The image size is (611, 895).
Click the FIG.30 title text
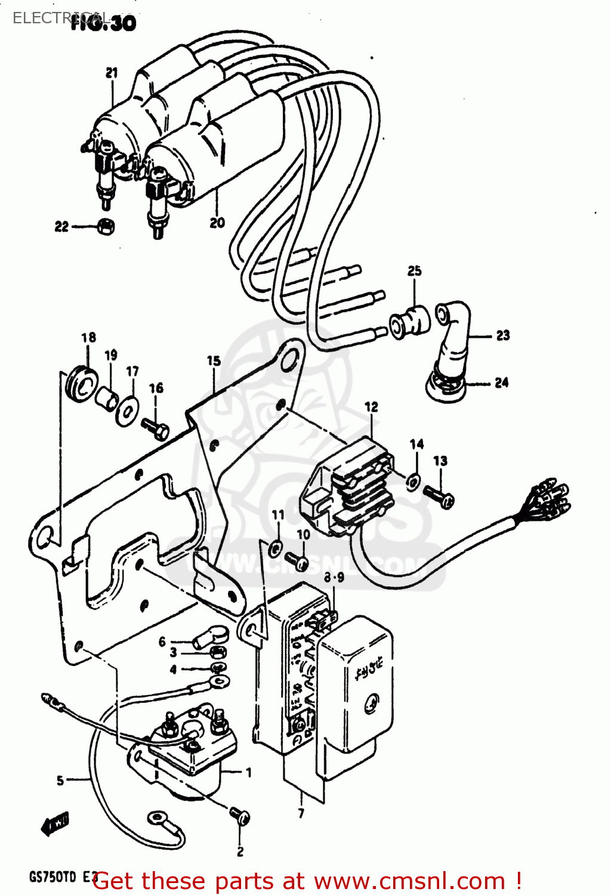tap(103, 23)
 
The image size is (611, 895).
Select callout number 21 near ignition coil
tap(112, 73)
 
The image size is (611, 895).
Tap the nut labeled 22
tap(106, 227)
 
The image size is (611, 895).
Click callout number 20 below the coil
tap(217, 223)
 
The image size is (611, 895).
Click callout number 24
tap(501, 382)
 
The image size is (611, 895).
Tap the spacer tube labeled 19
tap(107, 399)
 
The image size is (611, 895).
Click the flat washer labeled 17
tap(128, 411)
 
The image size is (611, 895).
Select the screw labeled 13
tap(439, 496)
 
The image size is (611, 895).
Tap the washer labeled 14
tap(413, 481)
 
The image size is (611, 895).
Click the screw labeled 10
tap(297, 560)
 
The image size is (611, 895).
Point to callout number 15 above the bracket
tap(214, 361)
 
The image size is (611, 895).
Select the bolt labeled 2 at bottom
tap(240, 816)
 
